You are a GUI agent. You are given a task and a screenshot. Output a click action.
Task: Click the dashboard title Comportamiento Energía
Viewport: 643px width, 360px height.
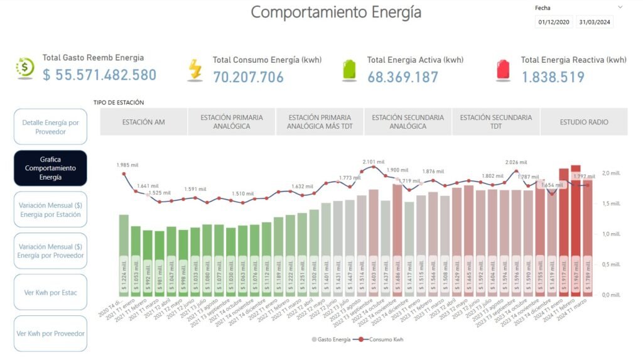(336, 12)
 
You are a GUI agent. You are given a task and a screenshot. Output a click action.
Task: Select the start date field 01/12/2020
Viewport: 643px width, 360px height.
(554, 22)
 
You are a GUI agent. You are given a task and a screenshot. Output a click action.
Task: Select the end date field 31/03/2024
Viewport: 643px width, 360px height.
(595, 22)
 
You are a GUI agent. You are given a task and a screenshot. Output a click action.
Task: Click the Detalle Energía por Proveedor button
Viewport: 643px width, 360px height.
(50, 127)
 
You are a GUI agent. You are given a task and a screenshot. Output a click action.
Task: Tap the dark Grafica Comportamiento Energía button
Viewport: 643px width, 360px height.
(50, 168)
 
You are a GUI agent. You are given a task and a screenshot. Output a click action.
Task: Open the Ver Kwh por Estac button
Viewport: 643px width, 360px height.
(50, 292)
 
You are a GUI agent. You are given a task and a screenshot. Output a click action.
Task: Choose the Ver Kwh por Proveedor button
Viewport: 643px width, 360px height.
(50, 333)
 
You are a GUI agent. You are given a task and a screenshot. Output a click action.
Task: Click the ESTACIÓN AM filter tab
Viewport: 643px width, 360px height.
(144, 122)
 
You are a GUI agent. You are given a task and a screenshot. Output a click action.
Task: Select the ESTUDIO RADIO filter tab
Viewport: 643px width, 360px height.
(583, 122)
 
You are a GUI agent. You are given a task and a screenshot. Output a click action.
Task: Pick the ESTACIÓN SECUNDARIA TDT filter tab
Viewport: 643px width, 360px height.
(495, 122)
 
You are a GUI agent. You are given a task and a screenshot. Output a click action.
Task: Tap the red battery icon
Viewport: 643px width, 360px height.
(504, 70)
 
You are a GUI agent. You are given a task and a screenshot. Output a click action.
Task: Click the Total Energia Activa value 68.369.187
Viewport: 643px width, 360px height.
(403, 77)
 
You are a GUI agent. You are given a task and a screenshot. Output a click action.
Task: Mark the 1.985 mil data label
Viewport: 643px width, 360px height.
(127, 165)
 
